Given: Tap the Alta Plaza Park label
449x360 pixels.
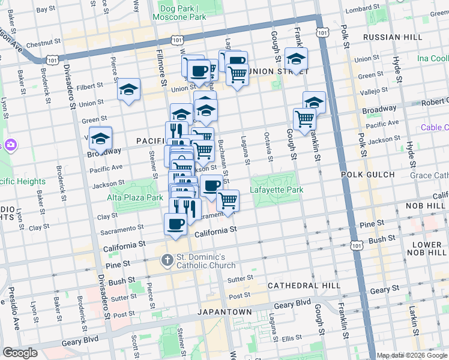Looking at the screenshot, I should click(135, 197).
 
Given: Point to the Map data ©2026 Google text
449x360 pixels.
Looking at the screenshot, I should click(412, 355).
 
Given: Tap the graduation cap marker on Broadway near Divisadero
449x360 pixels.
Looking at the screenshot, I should click(101, 138).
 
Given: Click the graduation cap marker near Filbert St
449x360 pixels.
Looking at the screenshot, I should click(129, 89).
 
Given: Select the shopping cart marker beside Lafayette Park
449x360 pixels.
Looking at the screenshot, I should click(228, 201).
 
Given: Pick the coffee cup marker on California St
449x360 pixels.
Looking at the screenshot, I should click(175, 224).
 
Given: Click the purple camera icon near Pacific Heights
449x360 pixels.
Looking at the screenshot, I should click(10, 145).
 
